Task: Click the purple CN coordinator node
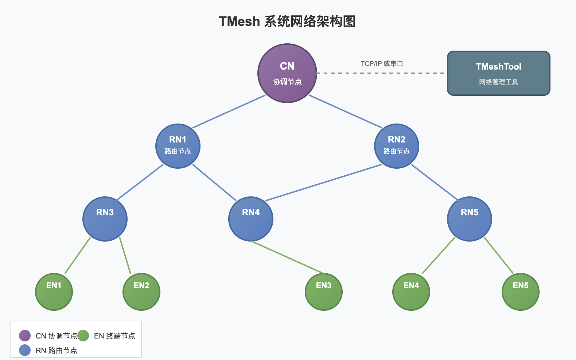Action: coord(287,73)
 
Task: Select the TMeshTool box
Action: coord(498,73)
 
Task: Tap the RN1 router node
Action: coord(178,146)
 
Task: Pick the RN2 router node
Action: coord(397,146)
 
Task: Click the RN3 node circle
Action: coord(105,219)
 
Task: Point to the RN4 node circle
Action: coord(251,219)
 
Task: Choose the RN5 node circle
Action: coord(470,219)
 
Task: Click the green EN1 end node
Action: coord(54,292)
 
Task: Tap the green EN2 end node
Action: coord(141,292)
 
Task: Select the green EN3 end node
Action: coord(324,292)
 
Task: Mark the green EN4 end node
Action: coord(411,292)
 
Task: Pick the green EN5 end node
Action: coord(521,292)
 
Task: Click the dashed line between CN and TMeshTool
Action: coord(381,73)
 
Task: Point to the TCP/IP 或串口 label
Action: coord(382,64)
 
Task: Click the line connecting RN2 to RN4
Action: coord(324,183)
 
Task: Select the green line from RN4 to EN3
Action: coord(287,257)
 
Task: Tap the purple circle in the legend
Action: coord(25,336)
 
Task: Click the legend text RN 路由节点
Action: coord(57,351)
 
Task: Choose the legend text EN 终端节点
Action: coord(114,336)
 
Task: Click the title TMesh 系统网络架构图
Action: coord(287,21)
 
